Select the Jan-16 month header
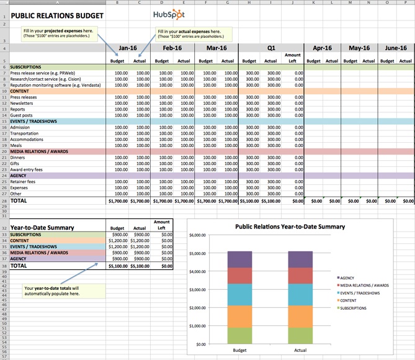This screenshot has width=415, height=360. click(128, 48)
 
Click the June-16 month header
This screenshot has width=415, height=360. click(396, 48)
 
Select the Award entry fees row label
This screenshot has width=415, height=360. click(27, 169)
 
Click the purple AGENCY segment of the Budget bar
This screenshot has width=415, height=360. click(239, 259)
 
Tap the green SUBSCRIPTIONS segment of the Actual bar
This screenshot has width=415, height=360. click(301, 335)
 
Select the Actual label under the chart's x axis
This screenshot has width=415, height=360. click(301, 350)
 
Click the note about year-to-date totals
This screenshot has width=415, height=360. click(50, 290)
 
